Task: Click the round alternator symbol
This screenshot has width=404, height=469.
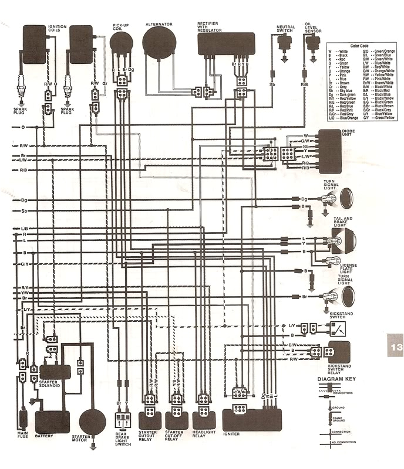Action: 159,44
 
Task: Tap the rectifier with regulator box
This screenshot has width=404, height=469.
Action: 225,44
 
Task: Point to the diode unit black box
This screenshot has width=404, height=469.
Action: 329,150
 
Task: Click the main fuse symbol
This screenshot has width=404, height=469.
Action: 23,420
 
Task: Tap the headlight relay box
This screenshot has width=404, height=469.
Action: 204,420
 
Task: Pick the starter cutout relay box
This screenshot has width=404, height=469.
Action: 149,420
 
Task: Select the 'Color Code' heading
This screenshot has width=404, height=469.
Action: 360,45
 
